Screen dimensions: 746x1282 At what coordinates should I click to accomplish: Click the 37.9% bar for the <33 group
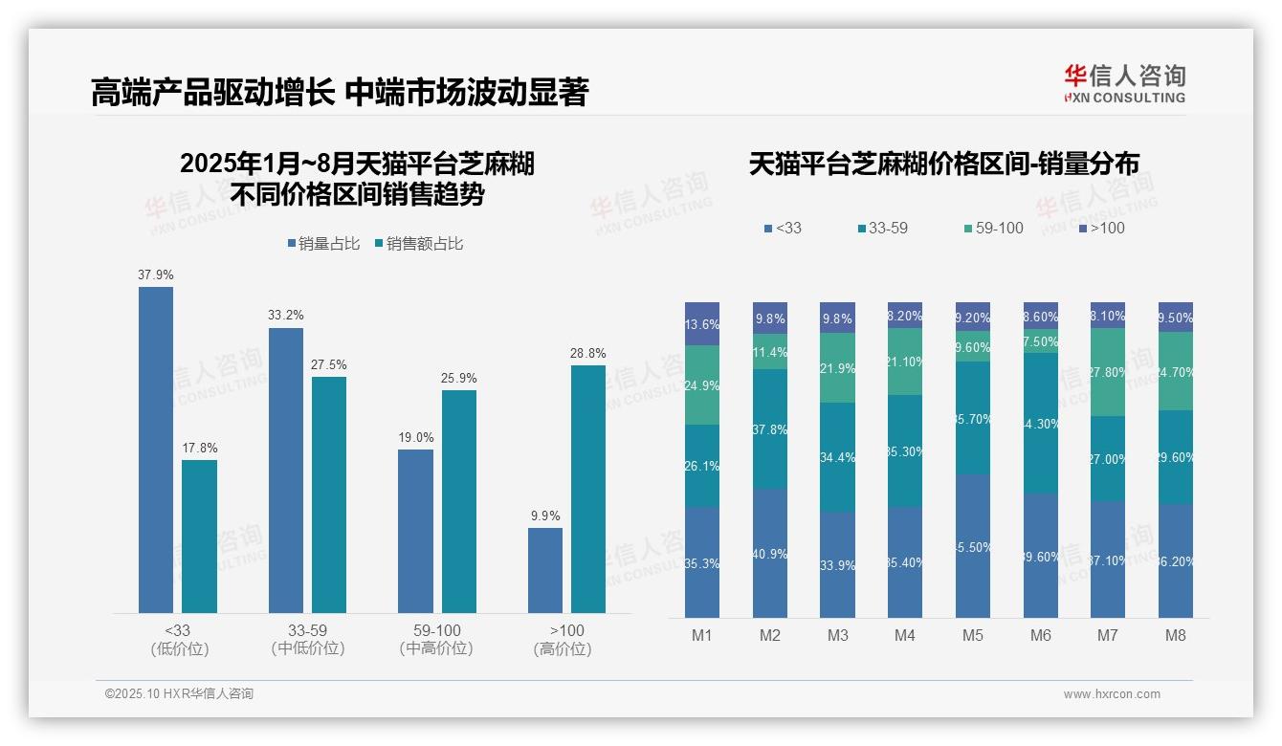pyautogui.click(x=156, y=450)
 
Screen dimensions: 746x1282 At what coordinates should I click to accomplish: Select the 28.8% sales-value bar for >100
pyautogui.click(x=588, y=489)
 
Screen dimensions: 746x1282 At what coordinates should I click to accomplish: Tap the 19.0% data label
pyautogui.click(x=416, y=438)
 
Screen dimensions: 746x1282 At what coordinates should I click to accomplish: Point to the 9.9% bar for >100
pyautogui.click(x=545, y=570)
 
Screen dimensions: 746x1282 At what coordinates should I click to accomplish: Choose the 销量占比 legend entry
pyautogui.click(x=323, y=244)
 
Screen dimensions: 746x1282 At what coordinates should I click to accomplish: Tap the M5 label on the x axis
pyautogui.click(x=973, y=635)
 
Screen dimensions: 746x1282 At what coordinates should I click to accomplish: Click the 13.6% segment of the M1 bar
pyautogui.click(x=702, y=324)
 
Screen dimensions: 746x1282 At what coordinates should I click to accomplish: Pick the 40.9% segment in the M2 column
pyautogui.click(x=770, y=553)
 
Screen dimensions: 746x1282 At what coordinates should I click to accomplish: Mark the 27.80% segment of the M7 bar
pyautogui.click(x=1108, y=372)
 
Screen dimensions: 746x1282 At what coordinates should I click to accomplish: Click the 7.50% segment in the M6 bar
pyautogui.click(x=1041, y=341)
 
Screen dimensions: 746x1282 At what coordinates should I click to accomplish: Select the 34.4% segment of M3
pyautogui.click(x=837, y=457)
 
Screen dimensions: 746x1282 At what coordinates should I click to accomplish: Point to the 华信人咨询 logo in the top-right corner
pyautogui.click(x=1124, y=83)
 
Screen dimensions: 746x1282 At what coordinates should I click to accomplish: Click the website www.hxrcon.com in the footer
pyautogui.click(x=1112, y=694)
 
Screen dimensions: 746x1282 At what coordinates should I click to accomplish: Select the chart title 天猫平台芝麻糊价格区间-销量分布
pyautogui.click(x=943, y=165)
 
